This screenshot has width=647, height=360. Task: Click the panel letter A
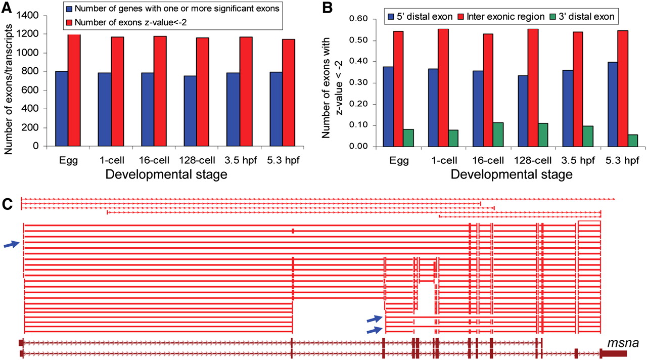click(9, 8)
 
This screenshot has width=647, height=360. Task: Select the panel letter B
click(327, 8)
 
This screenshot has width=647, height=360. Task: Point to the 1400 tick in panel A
click(35, 16)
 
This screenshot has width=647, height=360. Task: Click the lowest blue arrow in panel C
click(374, 330)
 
